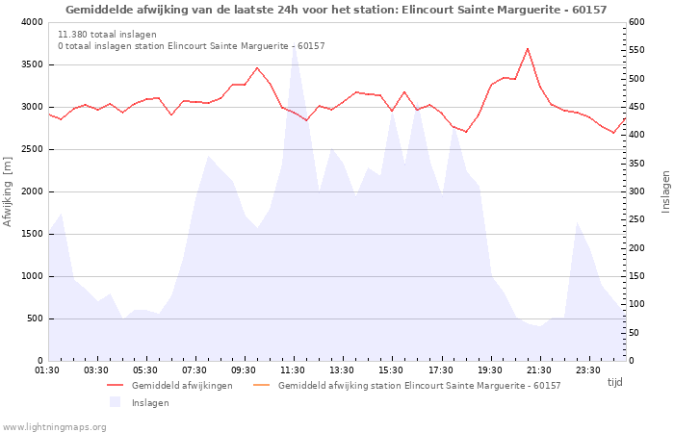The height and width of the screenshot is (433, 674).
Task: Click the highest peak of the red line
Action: pos(528,49)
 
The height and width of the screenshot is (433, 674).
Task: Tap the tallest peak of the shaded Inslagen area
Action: pos(294,46)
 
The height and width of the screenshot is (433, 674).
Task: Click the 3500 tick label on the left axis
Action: pos(32,64)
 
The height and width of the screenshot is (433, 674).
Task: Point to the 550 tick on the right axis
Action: pos(636,50)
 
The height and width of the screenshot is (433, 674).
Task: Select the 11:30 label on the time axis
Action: pos(293,370)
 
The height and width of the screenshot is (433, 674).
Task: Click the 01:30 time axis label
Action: pos(47,370)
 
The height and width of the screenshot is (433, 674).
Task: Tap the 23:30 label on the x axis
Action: pos(588,370)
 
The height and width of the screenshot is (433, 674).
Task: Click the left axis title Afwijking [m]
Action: pos(8,191)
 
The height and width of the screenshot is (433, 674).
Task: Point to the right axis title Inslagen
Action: pos(665,191)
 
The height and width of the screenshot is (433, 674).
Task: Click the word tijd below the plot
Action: pos(614,382)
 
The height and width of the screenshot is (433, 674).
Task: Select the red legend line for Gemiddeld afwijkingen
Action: pos(116,385)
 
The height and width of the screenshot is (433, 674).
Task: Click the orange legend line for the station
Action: pos(261,385)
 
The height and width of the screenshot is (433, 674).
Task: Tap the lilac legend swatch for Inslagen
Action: pos(116,402)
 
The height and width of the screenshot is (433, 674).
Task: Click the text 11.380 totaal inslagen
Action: pos(108,35)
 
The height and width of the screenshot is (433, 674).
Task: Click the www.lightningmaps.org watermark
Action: pos(54,427)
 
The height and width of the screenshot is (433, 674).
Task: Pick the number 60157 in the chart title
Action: pos(589,10)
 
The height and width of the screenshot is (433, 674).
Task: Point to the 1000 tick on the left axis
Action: pos(32,276)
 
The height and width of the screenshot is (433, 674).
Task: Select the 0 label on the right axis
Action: pos(632,361)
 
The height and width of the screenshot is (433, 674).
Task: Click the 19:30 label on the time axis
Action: pos(489,370)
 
